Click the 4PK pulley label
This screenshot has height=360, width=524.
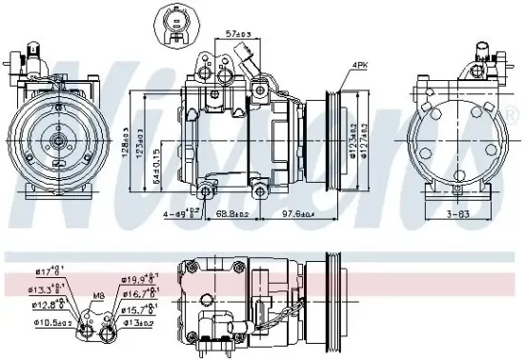(360, 65)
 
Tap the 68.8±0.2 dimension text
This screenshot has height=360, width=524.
(231, 212)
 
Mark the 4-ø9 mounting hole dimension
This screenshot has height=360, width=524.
(182, 212)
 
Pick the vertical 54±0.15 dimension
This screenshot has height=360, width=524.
(154, 170)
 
